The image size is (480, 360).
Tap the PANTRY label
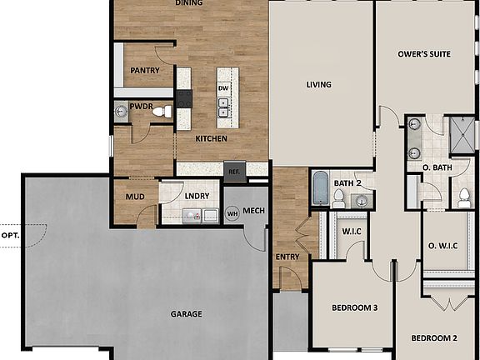coord(144,71)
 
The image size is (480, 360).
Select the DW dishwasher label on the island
coord(223,87)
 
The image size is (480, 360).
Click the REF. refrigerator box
coord(234,170)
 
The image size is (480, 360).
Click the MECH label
coord(253,211)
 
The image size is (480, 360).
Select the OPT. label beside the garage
coord(10,236)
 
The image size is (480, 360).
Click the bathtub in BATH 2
coord(320,188)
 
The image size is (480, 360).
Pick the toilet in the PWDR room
coord(163,110)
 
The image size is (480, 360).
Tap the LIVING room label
coord(318,84)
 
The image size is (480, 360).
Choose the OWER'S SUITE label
coord(425,54)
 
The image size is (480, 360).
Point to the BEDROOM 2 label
coord(437,337)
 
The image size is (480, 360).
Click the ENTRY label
coord(287,257)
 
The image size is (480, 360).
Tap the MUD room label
coord(134,197)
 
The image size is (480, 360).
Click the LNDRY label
coord(197,196)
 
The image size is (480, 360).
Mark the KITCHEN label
coord(211,138)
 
